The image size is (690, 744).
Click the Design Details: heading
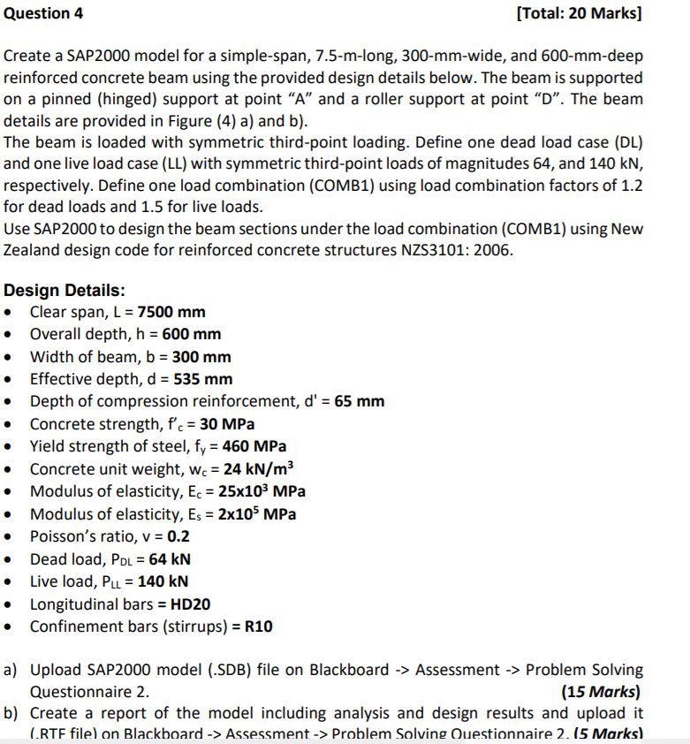click(x=64, y=290)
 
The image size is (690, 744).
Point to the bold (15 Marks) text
click(x=602, y=691)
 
